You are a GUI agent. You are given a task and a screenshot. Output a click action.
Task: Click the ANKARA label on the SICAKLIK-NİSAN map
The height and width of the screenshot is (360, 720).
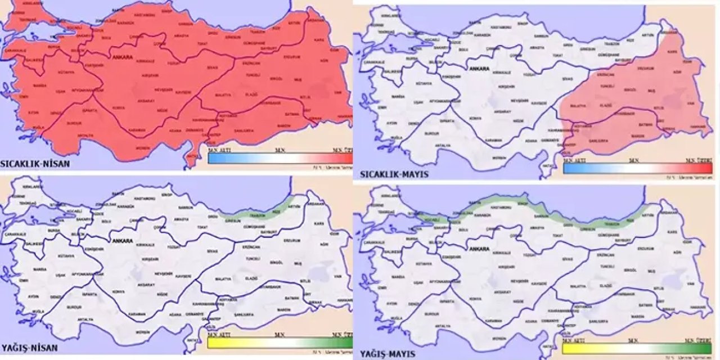(x=123, y=57)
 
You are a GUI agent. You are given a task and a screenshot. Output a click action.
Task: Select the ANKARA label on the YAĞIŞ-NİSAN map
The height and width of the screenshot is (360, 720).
(x=123, y=241)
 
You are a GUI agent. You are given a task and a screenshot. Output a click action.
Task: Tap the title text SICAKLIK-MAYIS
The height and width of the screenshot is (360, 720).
(x=391, y=174)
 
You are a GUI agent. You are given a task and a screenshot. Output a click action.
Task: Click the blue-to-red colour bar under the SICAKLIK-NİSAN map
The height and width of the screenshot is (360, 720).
(x=280, y=158)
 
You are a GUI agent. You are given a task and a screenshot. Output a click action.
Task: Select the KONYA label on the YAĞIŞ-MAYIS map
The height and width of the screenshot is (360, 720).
(x=475, y=298)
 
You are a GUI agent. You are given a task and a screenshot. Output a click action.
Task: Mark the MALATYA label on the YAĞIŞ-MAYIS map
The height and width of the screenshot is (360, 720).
(x=578, y=286)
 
